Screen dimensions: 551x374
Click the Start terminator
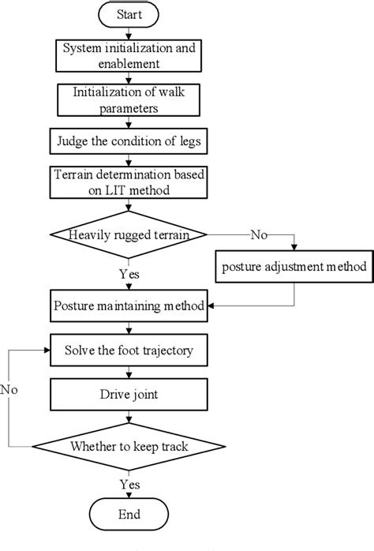(129, 15)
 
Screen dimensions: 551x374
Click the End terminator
(129, 515)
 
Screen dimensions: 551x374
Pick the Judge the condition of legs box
(129, 143)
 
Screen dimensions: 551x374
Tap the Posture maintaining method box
(129, 305)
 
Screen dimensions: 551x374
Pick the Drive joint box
(129, 392)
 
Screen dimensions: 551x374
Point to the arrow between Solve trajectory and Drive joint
(129, 371)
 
